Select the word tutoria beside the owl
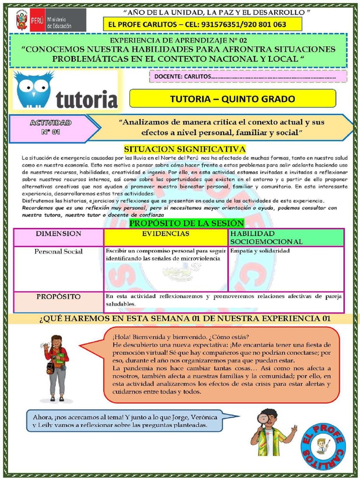(87, 99)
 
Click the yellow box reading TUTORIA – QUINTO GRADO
(232, 99)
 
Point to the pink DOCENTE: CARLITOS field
(248, 76)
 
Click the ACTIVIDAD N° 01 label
(51, 127)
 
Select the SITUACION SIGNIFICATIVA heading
(185, 149)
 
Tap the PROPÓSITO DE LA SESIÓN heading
(187, 223)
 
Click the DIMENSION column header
(59, 233)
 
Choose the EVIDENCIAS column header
(166, 233)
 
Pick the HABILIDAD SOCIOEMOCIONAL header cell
(286, 237)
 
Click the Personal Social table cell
(59, 251)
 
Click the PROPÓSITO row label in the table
(59, 297)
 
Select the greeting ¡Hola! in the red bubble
(121, 337)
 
